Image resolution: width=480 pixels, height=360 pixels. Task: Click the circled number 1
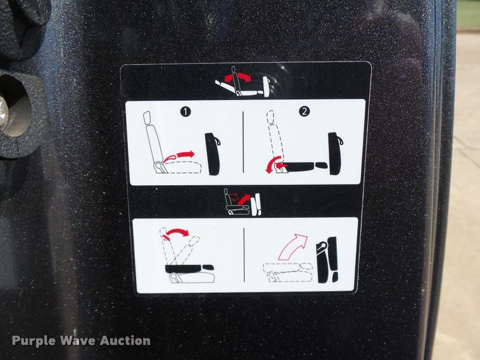point(186,112)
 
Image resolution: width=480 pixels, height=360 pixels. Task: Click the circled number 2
point(304,111)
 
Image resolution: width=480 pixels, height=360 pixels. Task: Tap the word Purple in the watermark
point(34,340)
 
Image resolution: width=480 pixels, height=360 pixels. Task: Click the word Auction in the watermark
point(125,340)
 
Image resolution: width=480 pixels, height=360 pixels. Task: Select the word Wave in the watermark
point(78,340)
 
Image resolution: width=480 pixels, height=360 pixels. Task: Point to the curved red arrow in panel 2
point(275,164)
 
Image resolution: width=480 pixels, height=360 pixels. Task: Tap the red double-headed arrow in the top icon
point(238,77)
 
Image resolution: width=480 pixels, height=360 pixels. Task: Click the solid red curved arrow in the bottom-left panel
point(175,233)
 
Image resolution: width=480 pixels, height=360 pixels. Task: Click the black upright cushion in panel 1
point(212,154)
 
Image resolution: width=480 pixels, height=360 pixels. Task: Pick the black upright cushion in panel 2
point(335,153)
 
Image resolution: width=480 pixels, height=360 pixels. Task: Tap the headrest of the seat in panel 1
point(148,119)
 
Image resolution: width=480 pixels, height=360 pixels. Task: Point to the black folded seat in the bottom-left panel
point(188,268)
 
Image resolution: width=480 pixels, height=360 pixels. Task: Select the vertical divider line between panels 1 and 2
point(243,142)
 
